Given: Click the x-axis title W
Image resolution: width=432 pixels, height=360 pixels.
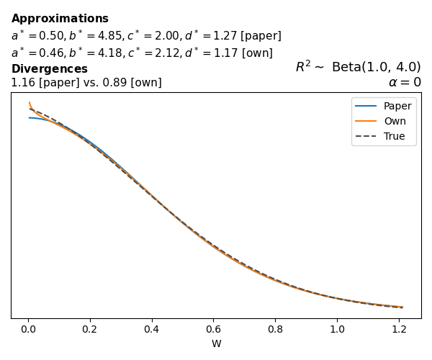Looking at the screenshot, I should click(216, 343).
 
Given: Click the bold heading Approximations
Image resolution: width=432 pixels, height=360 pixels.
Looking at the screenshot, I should click(60, 19).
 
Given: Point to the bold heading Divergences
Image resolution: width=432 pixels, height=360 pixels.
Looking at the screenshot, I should click(49, 69).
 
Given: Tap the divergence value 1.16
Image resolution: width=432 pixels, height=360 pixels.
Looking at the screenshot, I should click(22, 83).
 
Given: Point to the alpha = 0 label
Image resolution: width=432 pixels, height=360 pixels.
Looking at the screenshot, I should click(405, 82).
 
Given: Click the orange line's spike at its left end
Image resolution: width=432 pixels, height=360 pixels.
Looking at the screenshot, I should click(29, 103).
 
